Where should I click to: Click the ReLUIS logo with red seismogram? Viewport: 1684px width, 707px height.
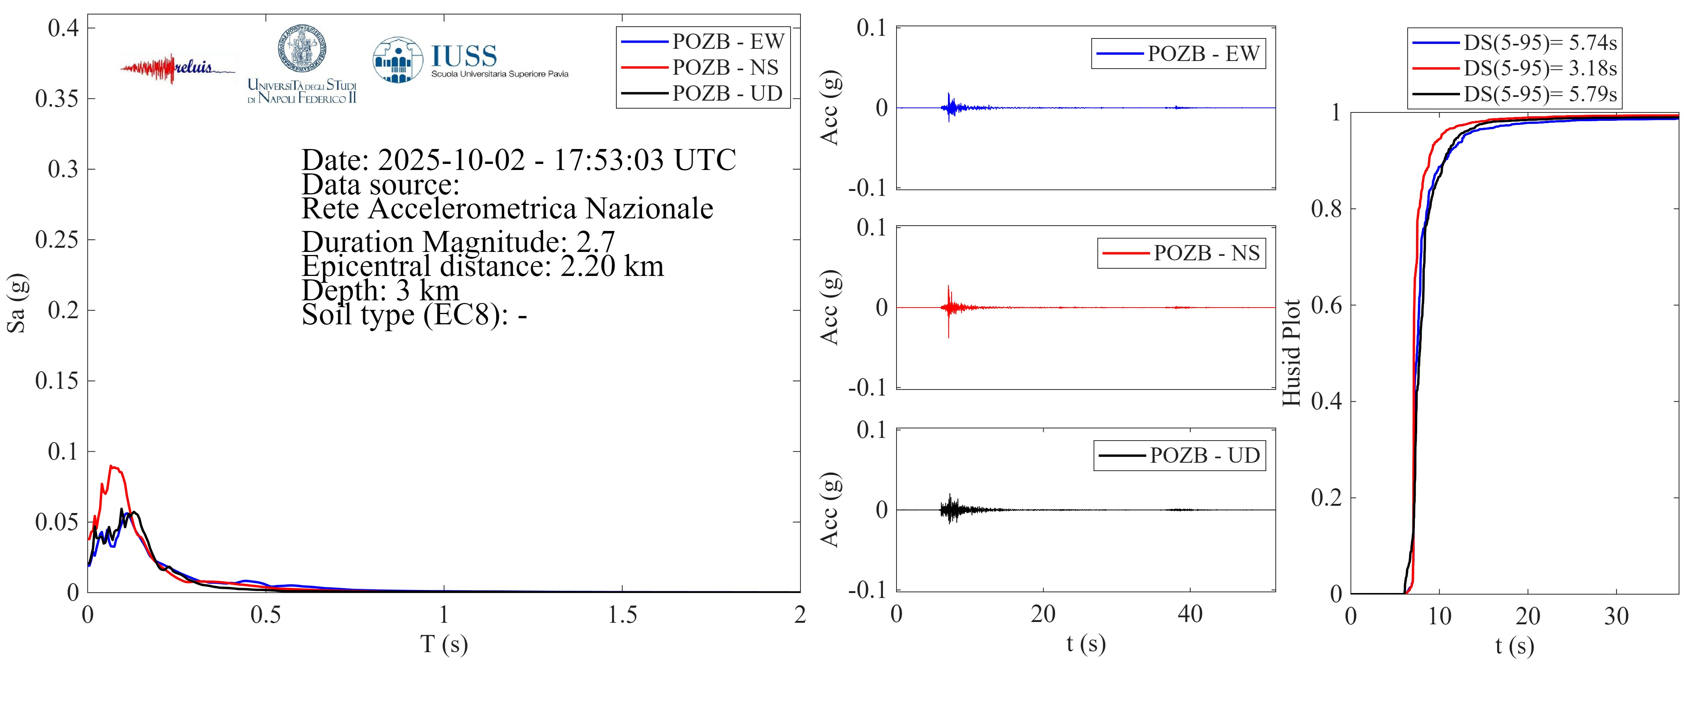176,68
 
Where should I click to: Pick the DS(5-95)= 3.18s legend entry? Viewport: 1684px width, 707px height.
1540,68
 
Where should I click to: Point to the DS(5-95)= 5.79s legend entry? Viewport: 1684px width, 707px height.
1540,94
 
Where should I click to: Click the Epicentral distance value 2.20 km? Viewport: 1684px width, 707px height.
612,266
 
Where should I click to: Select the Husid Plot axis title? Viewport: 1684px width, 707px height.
1291,353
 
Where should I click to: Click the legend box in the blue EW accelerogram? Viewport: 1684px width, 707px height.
1178,54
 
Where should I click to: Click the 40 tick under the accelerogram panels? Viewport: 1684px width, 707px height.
1190,614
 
